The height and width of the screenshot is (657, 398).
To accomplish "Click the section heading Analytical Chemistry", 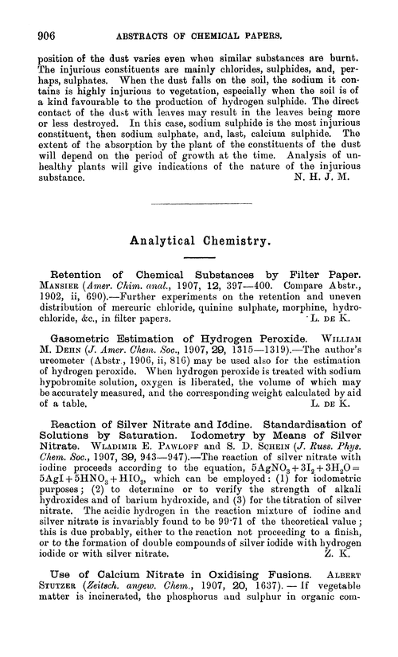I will coord(198,237).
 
